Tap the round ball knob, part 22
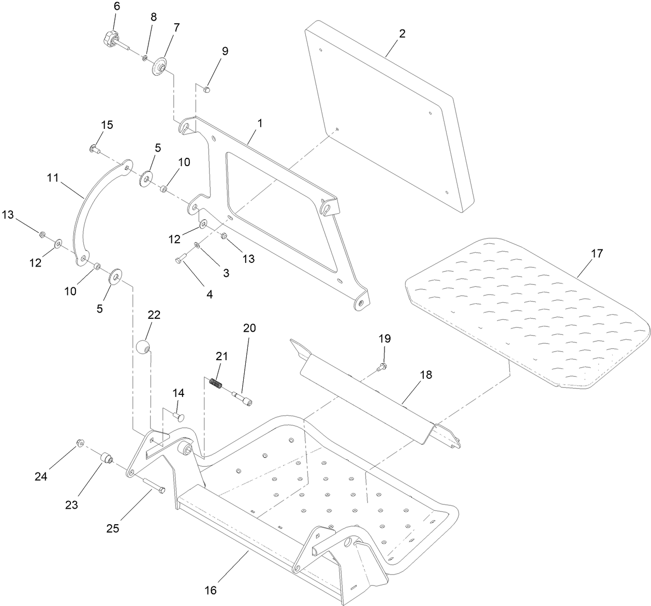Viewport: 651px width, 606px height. click(x=143, y=347)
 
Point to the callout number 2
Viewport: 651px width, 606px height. click(x=402, y=34)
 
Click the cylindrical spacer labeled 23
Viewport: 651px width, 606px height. click(x=106, y=459)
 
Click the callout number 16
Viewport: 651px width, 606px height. click(x=211, y=590)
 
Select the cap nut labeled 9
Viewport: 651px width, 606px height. click(x=206, y=91)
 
